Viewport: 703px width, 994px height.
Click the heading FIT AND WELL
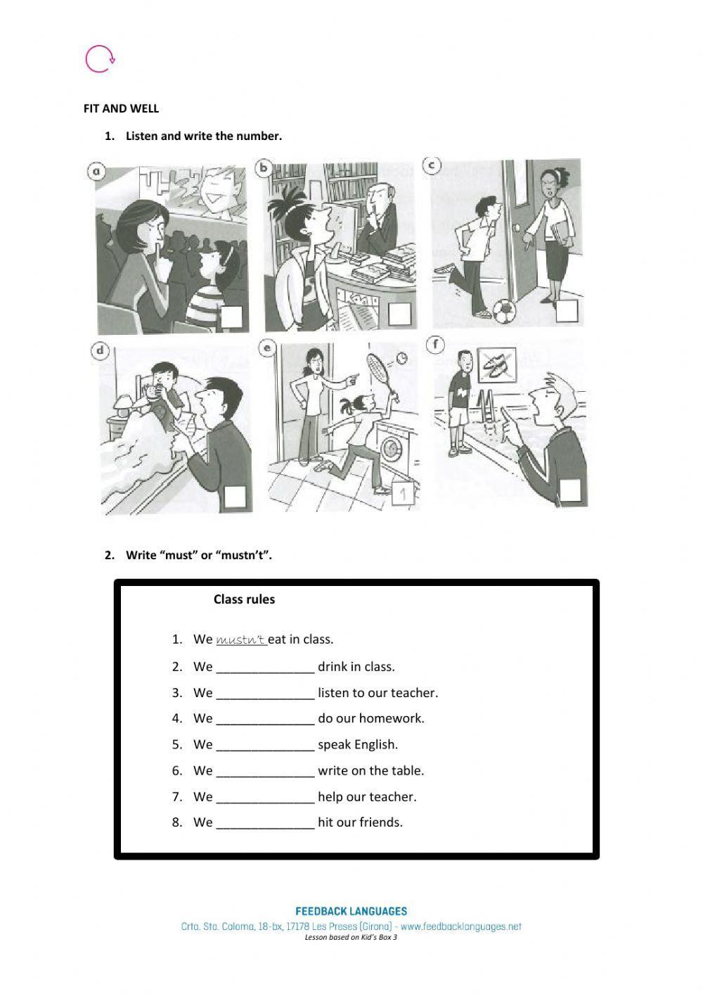pyautogui.click(x=121, y=109)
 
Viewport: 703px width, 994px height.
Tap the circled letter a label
pyautogui.click(x=96, y=171)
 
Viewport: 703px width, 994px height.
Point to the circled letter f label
pyautogui.click(x=435, y=345)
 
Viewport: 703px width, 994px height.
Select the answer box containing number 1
pyautogui.click(x=404, y=494)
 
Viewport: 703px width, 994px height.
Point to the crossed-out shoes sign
pyautogui.click(x=497, y=364)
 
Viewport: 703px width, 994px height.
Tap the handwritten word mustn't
pyautogui.click(x=241, y=639)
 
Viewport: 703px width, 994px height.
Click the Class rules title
pyautogui.click(x=244, y=599)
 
